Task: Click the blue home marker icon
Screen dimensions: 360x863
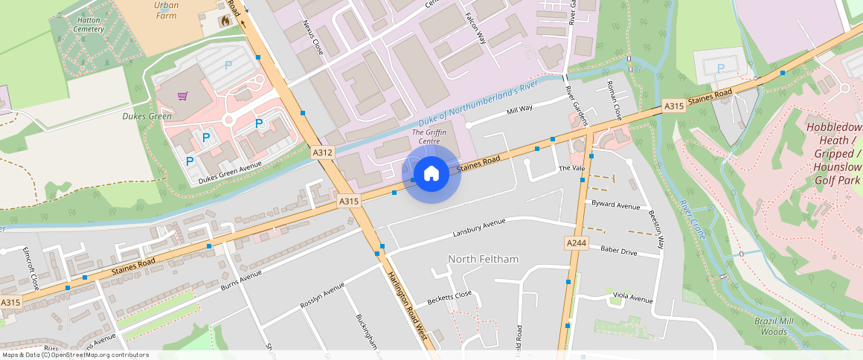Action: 431,174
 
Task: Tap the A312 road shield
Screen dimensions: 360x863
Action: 322,152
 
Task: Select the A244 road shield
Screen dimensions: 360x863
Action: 577,243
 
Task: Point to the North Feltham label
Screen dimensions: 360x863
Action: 483,259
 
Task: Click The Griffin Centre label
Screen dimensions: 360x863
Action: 429,137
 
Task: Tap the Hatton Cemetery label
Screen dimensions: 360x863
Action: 89,25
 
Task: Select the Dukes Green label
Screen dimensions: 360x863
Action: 147,116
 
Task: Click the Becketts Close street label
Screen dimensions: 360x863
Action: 449,299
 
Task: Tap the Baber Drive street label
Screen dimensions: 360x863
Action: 618,252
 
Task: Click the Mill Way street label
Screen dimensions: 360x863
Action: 519,109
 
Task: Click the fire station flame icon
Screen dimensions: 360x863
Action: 224,21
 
